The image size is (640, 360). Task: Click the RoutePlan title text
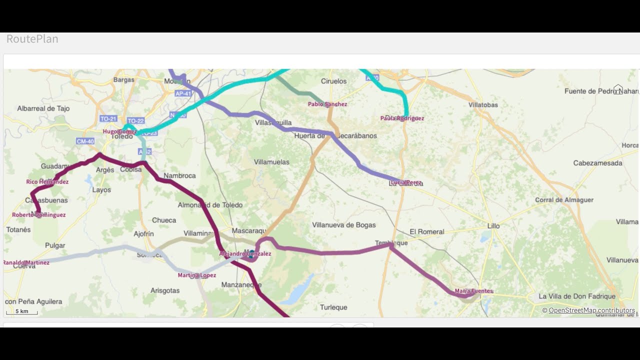pos(32,39)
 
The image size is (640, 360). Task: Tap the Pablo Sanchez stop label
pos(327,104)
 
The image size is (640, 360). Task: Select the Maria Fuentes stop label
pos(473,291)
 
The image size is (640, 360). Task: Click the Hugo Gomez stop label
pos(119,131)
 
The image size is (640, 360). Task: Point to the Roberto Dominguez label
pos(39,215)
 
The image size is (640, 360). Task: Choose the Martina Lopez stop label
pos(197,275)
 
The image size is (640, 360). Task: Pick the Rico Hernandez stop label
pos(47,182)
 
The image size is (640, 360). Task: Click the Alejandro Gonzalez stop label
pos(245,254)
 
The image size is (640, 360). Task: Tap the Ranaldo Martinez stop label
pos(26,262)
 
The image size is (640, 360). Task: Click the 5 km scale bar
pos(21,312)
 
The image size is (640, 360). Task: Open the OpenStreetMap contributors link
pos(591,310)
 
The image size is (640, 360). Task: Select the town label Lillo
pos(493,226)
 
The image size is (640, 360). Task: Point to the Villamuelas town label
pos(271,162)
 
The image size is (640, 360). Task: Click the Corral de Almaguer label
pos(564,200)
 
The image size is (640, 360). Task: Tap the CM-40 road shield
pos(85,141)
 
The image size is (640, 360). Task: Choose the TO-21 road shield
pos(108,119)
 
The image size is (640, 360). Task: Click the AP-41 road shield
pos(183,93)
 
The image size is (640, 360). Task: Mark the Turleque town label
pos(333,307)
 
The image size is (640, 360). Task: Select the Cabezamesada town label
pos(597,163)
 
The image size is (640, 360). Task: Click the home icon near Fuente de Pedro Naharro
pos(618,89)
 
